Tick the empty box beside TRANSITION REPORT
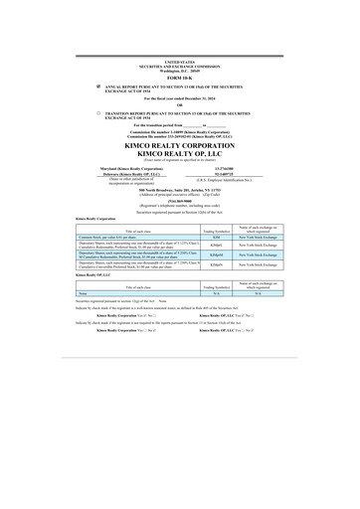click(98, 114)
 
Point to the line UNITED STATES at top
click(179, 61)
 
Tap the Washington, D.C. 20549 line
click(179, 69)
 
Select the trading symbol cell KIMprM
click(217, 256)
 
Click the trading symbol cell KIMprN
click(217, 266)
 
